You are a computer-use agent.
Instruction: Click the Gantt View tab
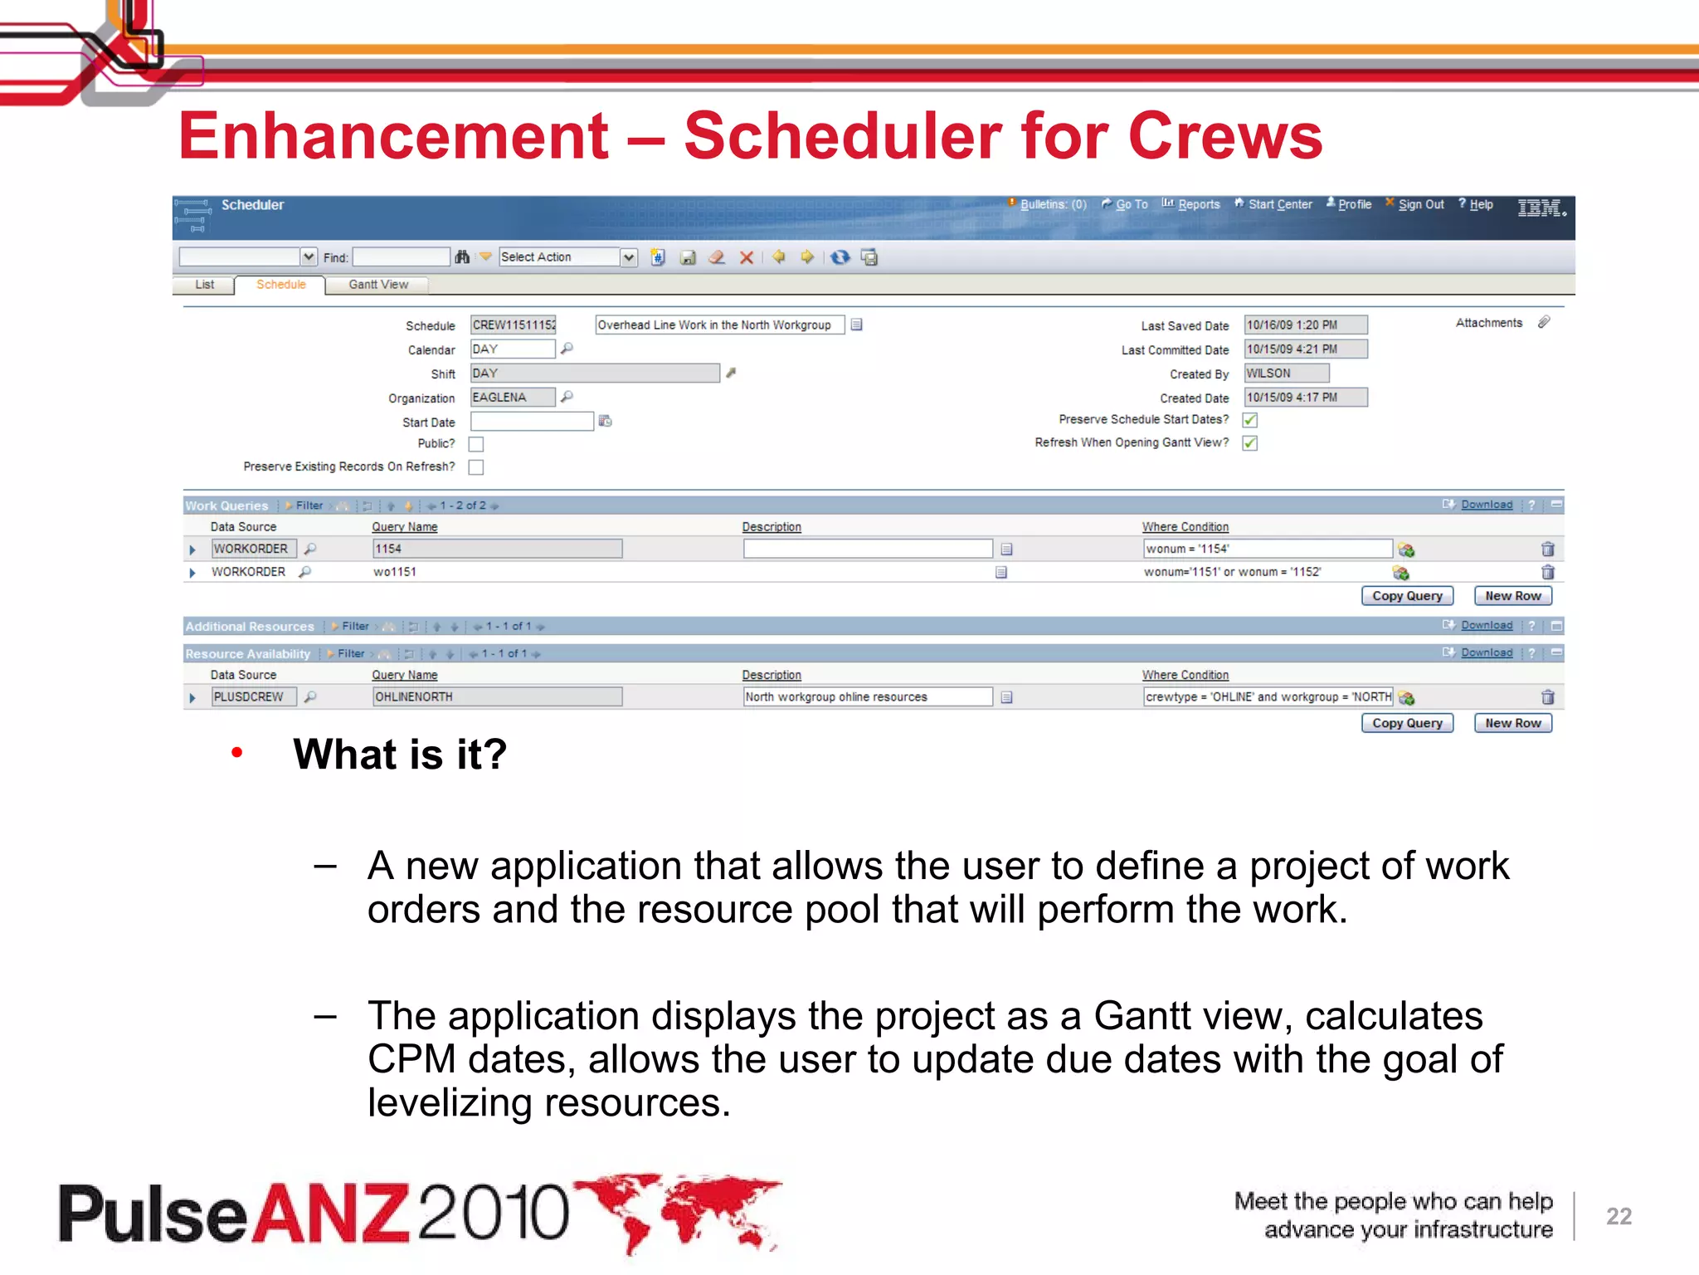pos(377,285)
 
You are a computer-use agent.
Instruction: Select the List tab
pos(204,285)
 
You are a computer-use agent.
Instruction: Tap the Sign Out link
pos(1420,204)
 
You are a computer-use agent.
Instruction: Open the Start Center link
pos(1279,204)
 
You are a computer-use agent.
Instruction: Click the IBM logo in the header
pos(1541,208)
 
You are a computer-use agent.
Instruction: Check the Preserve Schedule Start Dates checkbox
pos(1250,420)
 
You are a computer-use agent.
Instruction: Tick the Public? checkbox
pos(476,444)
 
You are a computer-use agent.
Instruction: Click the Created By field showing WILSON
pos(1286,374)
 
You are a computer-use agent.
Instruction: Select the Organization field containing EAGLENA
pos(512,398)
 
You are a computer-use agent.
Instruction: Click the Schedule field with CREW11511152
pos(514,325)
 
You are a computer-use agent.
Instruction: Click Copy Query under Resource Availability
pos(1407,723)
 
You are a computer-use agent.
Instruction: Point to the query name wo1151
pos(395,572)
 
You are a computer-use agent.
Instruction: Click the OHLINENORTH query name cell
pos(496,697)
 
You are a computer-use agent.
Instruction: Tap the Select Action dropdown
pos(567,257)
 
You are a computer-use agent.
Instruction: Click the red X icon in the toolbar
pos(747,257)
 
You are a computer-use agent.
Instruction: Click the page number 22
pos(1619,1216)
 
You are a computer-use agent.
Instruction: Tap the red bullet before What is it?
pos(237,753)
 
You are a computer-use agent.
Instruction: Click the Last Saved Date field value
pos(1305,325)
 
